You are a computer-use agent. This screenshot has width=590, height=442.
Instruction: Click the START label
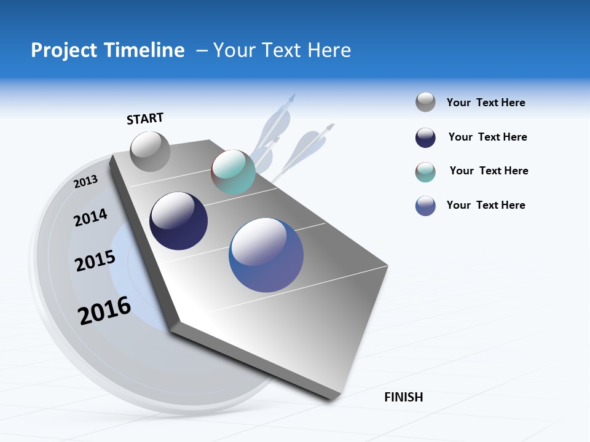pyautogui.click(x=145, y=118)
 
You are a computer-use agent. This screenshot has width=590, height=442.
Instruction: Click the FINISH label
pyautogui.click(x=403, y=397)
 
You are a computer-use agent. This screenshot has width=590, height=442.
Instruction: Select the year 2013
pyautogui.click(x=85, y=181)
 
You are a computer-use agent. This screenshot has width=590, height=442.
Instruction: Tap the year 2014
pyautogui.click(x=90, y=217)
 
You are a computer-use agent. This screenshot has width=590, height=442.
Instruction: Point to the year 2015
pyautogui.click(x=95, y=261)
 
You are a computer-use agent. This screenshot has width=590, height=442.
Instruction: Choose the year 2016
pyautogui.click(x=104, y=311)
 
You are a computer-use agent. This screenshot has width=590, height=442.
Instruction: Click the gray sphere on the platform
pyautogui.click(x=151, y=152)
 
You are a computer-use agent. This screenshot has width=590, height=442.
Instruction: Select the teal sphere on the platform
pyautogui.click(x=233, y=172)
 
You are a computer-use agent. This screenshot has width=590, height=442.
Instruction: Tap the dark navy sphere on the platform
pyautogui.click(x=179, y=221)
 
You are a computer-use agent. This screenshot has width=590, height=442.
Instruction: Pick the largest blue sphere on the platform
pyautogui.click(x=266, y=255)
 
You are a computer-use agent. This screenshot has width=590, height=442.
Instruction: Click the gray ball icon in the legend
pyautogui.click(x=425, y=103)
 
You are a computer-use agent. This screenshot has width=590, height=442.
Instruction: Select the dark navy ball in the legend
pyautogui.click(x=425, y=138)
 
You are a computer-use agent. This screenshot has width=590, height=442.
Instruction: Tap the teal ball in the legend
pyautogui.click(x=425, y=172)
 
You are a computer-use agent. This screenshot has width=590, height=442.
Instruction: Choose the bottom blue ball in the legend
pyautogui.click(x=425, y=206)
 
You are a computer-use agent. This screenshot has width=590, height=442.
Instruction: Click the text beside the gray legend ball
pyautogui.click(x=486, y=103)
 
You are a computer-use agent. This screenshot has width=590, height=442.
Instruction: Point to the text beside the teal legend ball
pyautogui.click(x=489, y=171)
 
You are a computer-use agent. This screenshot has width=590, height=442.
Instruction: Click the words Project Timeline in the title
pyautogui.click(x=108, y=50)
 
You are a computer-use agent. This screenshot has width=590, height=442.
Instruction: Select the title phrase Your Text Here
pyautogui.click(x=282, y=50)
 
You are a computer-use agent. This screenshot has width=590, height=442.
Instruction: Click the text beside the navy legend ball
pyautogui.click(x=487, y=137)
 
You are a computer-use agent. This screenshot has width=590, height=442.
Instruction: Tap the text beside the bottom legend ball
pyautogui.click(x=486, y=205)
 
